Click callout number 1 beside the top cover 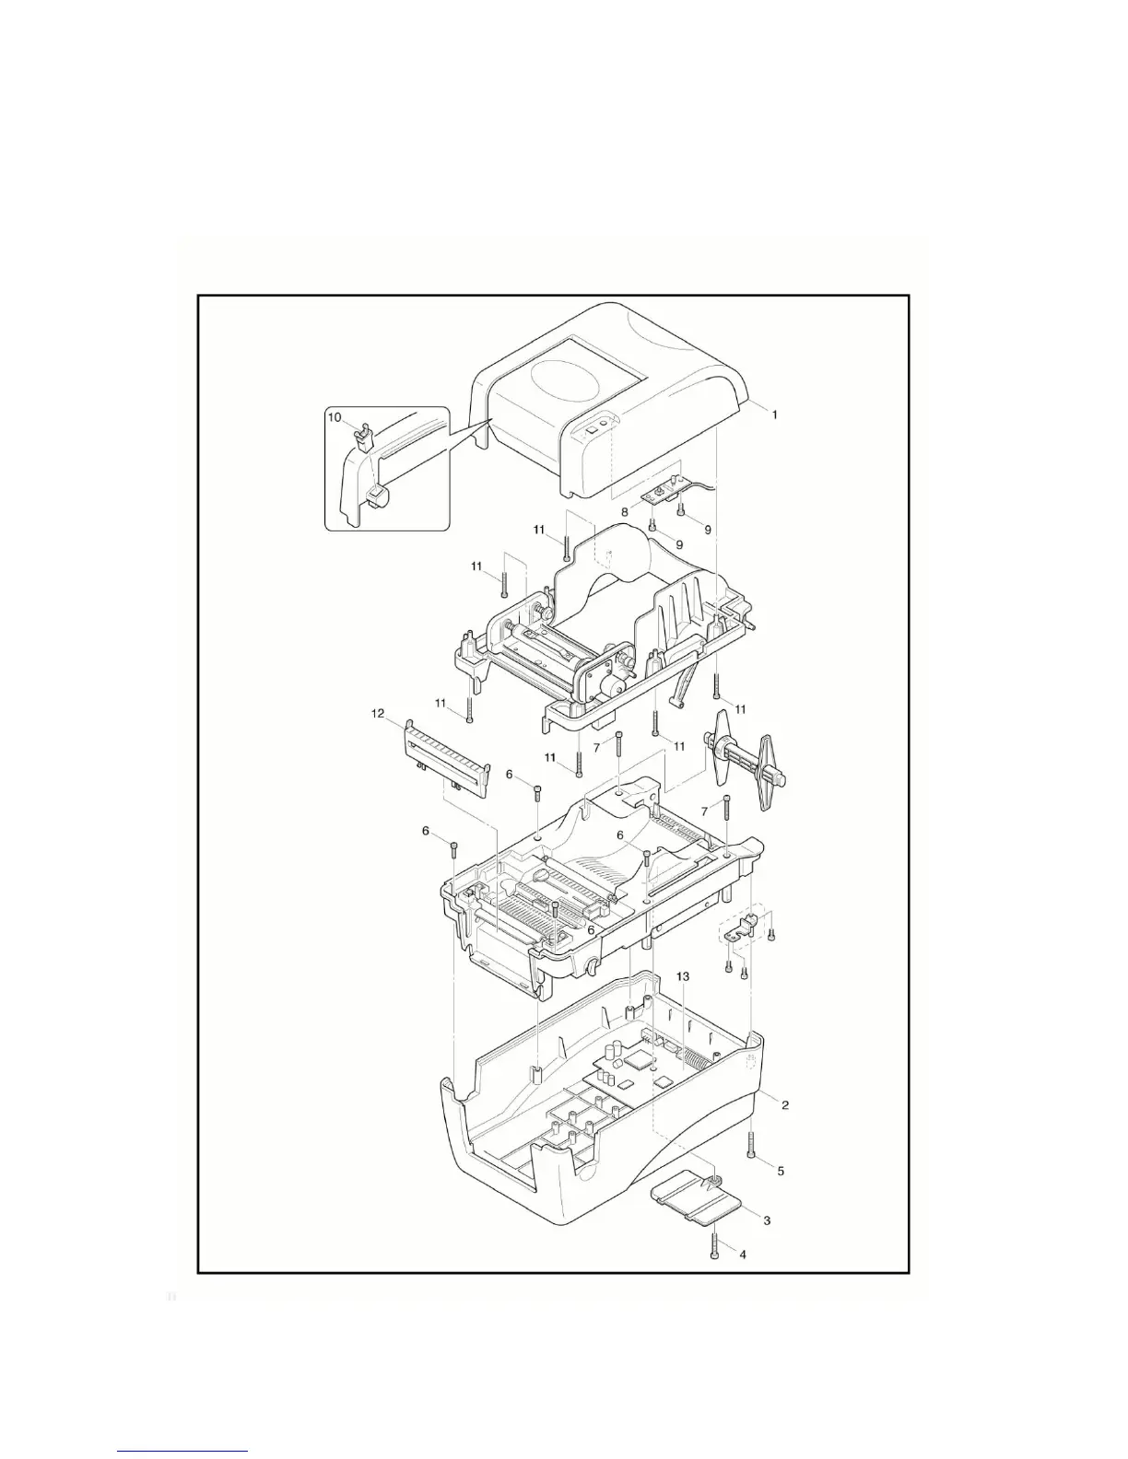tap(774, 415)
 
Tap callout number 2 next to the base tap(784, 1104)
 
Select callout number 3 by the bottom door tap(767, 1220)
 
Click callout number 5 tap(780, 1171)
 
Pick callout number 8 tap(624, 511)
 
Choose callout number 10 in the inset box tap(335, 417)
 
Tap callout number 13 tap(683, 975)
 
